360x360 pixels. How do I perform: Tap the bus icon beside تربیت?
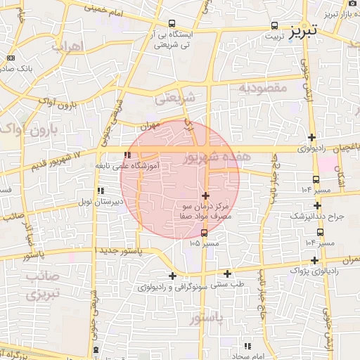(x=275, y=26)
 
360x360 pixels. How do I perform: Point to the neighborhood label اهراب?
(x=67, y=45)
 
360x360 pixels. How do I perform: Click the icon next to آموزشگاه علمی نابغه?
(x=127, y=155)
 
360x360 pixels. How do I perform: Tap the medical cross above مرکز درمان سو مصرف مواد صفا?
(x=205, y=195)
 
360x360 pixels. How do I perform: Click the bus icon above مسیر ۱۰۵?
(x=204, y=233)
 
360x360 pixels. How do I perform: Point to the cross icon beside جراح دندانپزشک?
(x=317, y=206)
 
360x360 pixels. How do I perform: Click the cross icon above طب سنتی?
(x=227, y=274)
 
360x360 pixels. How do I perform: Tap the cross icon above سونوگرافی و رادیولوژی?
(x=172, y=276)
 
